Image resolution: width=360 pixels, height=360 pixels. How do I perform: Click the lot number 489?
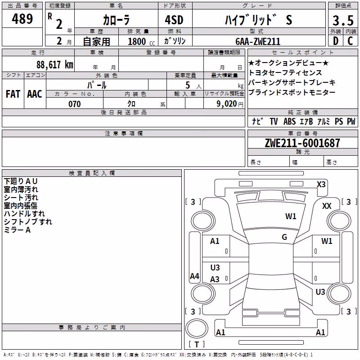point(22,18)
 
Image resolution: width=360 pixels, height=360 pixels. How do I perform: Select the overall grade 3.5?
point(343,20)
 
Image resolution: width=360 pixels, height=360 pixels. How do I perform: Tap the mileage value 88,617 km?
point(54,64)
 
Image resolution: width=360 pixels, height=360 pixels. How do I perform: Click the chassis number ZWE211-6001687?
point(302,143)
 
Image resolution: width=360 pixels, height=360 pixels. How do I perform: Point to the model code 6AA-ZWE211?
point(258,41)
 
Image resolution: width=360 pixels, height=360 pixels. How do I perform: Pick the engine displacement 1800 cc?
point(141,41)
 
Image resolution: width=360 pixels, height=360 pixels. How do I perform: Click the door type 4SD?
point(174,20)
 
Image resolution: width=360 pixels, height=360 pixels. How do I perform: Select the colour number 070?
point(75,104)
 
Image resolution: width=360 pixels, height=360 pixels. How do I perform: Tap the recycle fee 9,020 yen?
point(230,104)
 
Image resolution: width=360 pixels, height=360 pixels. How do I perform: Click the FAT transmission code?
point(13,94)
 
